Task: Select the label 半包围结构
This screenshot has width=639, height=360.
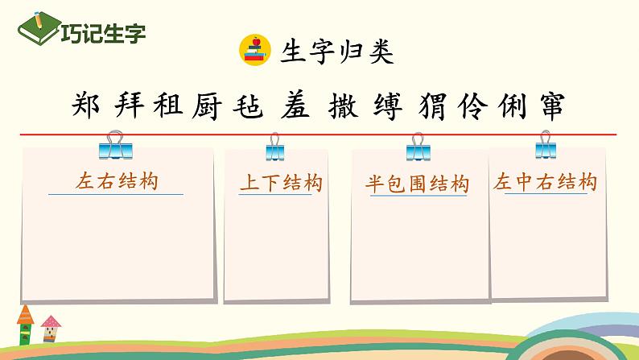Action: [x=417, y=184]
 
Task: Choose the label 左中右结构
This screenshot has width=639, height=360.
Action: [x=546, y=183]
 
